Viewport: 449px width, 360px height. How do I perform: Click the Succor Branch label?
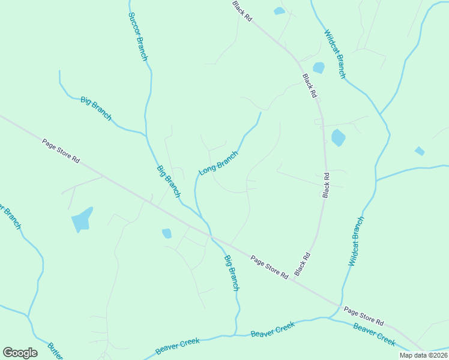(x=137, y=36)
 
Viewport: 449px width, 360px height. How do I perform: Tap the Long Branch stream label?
(x=218, y=163)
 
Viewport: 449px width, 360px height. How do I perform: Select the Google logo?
(x=20, y=353)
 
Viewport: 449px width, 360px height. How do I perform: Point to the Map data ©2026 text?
(x=423, y=355)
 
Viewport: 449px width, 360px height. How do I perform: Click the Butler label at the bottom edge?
(x=55, y=351)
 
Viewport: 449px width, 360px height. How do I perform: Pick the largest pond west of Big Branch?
(x=82, y=220)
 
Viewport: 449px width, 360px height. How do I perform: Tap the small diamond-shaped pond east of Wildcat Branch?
(x=420, y=151)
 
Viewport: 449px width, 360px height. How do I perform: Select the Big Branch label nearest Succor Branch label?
(x=96, y=109)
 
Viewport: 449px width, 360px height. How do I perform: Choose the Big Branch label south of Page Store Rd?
(x=232, y=273)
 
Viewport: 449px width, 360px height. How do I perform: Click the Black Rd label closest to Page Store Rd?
(x=303, y=264)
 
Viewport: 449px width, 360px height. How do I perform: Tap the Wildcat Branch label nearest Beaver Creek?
(x=356, y=241)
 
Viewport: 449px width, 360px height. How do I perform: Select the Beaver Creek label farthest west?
(x=177, y=346)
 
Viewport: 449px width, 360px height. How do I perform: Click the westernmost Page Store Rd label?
(x=61, y=151)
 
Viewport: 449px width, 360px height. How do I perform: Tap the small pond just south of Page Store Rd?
(x=167, y=233)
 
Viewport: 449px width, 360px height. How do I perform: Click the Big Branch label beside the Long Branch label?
(x=169, y=181)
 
